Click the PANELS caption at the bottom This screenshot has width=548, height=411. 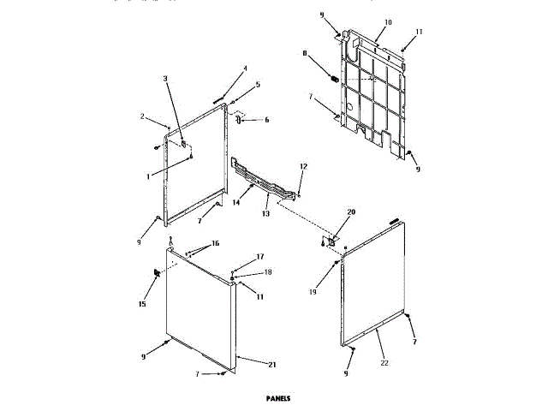[278, 398]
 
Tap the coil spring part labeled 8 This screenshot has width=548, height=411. [334, 80]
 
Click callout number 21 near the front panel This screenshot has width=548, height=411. [272, 366]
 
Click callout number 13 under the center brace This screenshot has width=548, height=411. [265, 208]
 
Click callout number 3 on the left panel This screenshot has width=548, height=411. [166, 79]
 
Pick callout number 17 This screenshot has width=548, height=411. [259, 257]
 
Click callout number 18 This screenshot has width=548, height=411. [267, 271]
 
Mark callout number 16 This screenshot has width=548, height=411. [214, 244]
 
